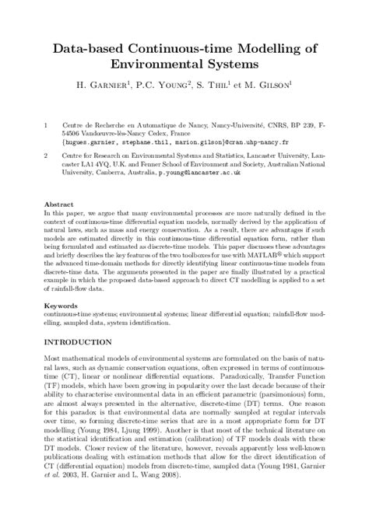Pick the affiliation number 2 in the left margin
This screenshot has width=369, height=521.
[x=47, y=155]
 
